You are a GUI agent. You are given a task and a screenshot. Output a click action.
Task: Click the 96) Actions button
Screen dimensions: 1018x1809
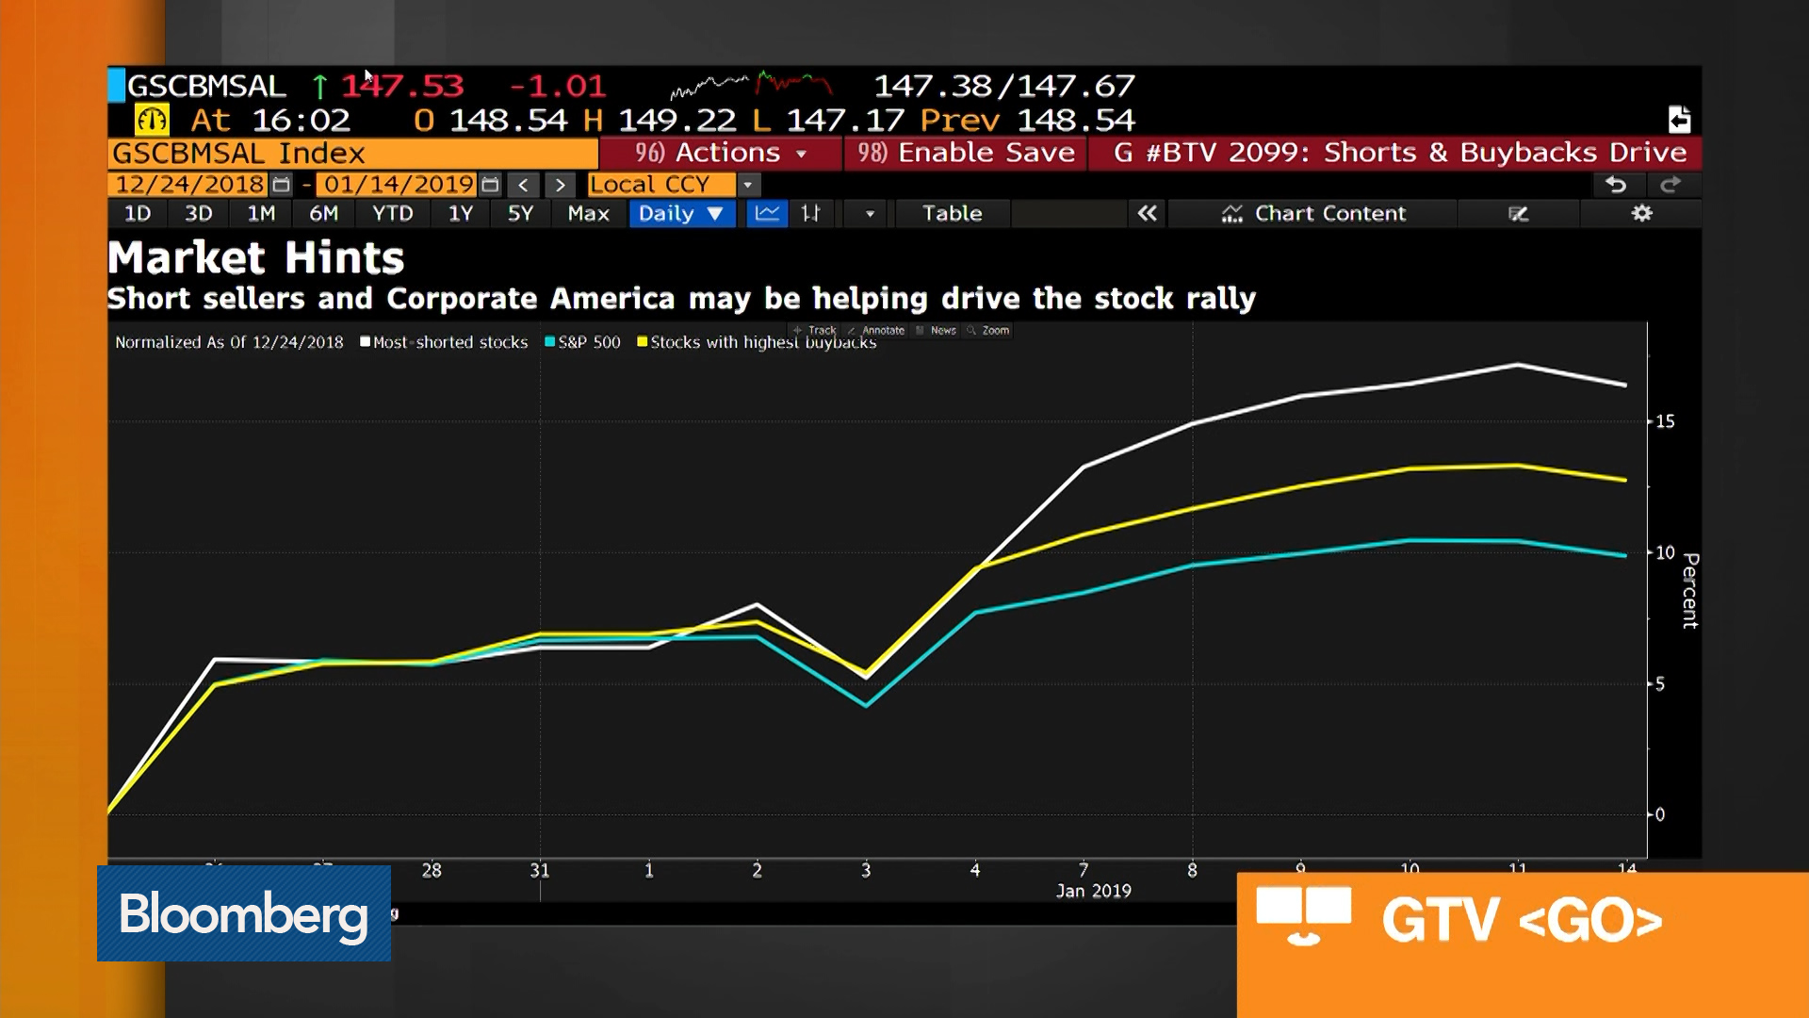(x=721, y=153)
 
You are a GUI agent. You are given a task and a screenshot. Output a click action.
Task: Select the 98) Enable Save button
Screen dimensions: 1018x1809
(x=966, y=153)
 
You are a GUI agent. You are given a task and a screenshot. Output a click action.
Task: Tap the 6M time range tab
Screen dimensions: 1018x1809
(x=323, y=214)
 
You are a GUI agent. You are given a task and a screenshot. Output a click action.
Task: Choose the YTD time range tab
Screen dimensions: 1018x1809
(x=392, y=214)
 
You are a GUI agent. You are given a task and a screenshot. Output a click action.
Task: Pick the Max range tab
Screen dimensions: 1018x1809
(x=588, y=214)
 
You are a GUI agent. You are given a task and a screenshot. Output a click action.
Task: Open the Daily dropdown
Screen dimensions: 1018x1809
(x=680, y=214)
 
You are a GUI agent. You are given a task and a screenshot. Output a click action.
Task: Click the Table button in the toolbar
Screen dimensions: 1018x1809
(x=952, y=214)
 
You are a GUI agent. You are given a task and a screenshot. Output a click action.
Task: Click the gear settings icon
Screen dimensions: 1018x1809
(x=1641, y=214)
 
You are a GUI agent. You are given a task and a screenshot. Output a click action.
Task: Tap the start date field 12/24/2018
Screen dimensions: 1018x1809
(x=189, y=185)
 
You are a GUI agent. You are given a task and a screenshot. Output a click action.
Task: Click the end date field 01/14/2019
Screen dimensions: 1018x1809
(x=399, y=185)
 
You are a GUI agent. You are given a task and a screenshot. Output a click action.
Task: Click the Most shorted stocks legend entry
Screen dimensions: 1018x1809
(x=444, y=342)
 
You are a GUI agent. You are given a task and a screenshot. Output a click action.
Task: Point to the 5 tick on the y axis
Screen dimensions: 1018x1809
(x=1660, y=684)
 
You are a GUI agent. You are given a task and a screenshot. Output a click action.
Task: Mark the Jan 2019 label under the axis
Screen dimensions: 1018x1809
(x=1093, y=891)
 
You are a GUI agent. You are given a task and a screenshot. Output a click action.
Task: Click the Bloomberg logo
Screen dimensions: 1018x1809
(x=243, y=913)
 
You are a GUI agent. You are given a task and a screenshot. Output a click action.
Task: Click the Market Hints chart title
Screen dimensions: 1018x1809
(x=256, y=258)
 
